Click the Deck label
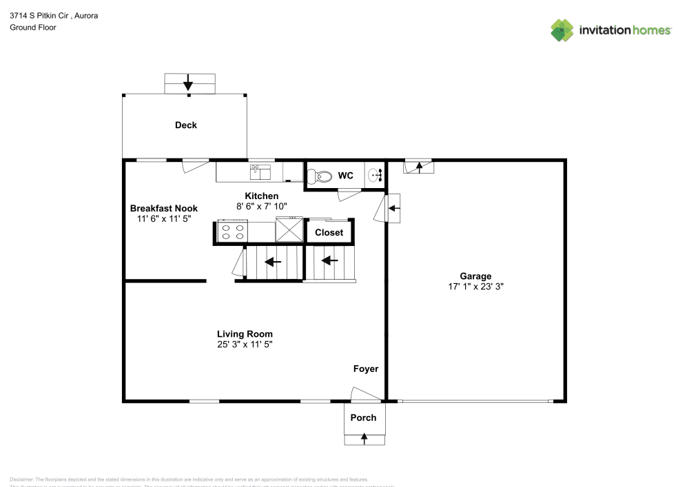point(185,125)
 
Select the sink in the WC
point(376,176)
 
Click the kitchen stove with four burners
point(232,231)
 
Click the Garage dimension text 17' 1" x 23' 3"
point(475,287)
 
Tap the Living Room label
point(245,333)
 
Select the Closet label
point(329,233)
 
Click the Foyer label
point(366,369)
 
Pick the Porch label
point(363,417)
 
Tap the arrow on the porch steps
point(363,438)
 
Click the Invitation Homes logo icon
point(562,30)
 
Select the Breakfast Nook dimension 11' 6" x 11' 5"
point(163,218)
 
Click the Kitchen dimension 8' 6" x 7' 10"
point(261,206)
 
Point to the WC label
point(345,176)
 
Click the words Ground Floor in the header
point(33,28)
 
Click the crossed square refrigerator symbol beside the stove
point(289,229)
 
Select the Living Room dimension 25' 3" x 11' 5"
point(245,344)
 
